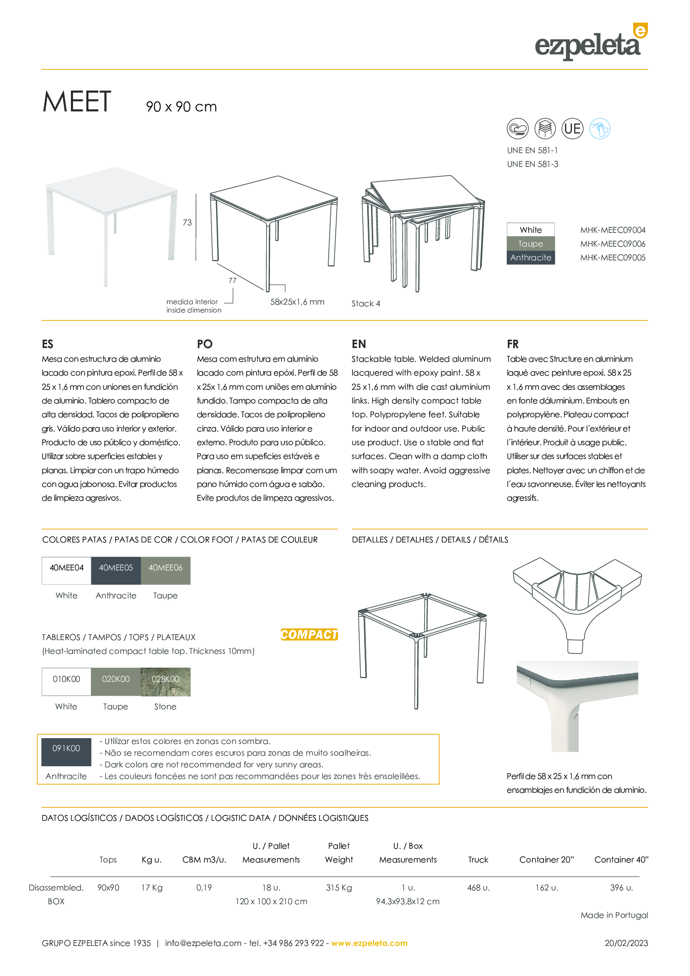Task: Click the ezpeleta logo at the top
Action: (x=590, y=43)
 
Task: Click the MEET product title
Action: (x=77, y=102)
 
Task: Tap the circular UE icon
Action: (x=572, y=129)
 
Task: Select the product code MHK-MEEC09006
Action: (x=612, y=244)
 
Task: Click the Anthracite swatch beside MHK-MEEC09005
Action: (x=531, y=257)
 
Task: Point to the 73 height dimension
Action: (x=187, y=223)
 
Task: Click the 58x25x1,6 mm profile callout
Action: (x=297, y=302)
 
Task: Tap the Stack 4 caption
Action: (x=365, y=303)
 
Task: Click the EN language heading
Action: (x=359, y=344)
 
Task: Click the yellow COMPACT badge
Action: (x=309, y=635)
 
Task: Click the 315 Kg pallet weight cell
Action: (x=339, y=888)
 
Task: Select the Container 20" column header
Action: (x=546, y=860)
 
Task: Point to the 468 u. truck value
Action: (x=478, y=888)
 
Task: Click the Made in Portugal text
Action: (x=614, y=915)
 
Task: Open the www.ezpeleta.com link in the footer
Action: (x=369, y=943)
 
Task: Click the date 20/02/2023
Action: (x=626, y=943)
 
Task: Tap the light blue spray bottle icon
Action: (x=599, y=129)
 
